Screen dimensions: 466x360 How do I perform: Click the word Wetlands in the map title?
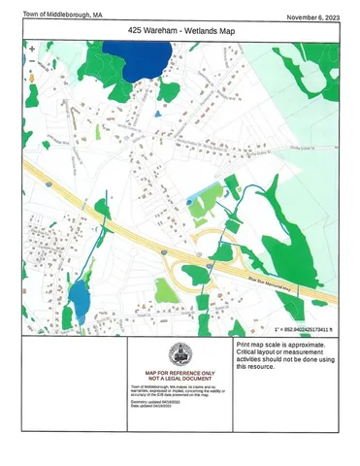pyautogui.click(x=199, y=31)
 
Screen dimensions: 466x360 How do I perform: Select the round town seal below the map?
pyautogui.click(x=180, y=355)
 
